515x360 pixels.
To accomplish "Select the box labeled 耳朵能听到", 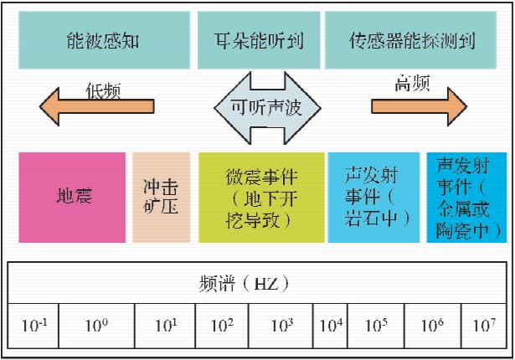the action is coord(257,40).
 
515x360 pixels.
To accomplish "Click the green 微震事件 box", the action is coord(261,198).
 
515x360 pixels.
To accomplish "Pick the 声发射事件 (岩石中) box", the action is coord(373,198).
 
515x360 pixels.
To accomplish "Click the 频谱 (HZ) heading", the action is coord(257,284).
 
